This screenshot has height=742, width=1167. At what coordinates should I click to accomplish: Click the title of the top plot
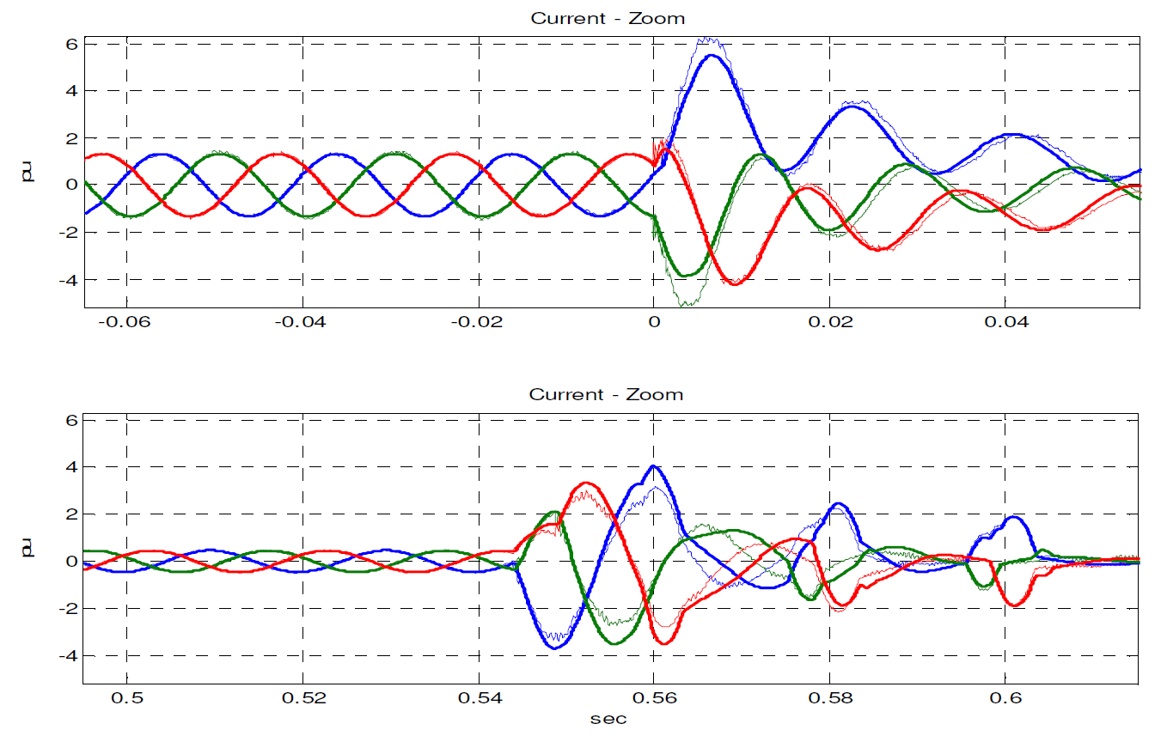tap(607, 18)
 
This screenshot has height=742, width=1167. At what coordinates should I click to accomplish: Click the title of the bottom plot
tap(606, 395)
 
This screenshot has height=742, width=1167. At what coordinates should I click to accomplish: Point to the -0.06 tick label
tap(120, 325)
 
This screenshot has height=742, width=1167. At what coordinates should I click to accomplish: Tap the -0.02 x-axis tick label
tap(472, 325)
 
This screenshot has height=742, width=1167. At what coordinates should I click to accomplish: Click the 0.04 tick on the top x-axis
tap(1006, 325)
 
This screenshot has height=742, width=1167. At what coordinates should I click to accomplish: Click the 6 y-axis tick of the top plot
tap(72, 43)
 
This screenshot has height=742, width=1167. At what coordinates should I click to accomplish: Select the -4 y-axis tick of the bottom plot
tap(69, 655)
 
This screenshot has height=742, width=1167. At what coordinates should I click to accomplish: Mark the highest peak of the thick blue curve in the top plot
tap(712, 56)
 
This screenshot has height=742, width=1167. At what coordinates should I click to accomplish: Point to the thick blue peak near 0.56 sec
tap(654, 466)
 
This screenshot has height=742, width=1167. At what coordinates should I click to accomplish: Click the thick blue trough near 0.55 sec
tap(555, 648)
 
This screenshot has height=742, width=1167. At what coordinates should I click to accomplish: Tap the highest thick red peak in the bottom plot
tap(585, 483)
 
